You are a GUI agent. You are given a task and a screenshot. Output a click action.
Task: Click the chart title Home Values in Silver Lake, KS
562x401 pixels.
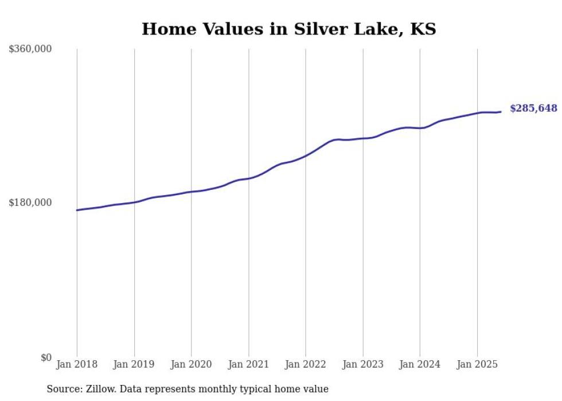coord(288,29)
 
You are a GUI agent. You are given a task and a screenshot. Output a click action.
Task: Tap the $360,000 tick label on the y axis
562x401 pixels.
coord(30,49)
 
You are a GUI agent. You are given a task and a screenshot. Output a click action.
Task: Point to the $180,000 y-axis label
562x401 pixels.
coord(30,203)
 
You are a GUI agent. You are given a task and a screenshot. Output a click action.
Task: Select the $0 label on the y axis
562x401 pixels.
coord(46,357)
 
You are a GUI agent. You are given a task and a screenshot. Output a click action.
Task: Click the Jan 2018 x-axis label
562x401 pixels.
coord(77,364)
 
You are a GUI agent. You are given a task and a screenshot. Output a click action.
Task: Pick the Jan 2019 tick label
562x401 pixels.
coord(134,364)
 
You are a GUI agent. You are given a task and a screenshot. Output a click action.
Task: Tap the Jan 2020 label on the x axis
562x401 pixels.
coord(192,364)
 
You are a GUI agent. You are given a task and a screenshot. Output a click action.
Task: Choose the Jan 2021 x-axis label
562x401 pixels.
coord(248,364)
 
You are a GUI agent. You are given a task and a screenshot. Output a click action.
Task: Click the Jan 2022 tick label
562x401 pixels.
coord(306,364)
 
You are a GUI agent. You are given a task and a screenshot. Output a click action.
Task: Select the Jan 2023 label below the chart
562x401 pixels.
coord(363,364)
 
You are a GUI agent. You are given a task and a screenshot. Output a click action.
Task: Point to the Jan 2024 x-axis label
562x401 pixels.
coord(420,364)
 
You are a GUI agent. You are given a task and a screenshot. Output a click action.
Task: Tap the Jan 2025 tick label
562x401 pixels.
coord(477,364)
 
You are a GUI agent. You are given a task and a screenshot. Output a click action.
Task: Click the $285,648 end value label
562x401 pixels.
coord(533,108)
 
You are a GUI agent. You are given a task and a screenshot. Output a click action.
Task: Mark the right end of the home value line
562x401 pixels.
coord(501,112)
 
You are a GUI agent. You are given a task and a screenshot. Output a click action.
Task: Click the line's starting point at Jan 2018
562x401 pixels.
coord(77,210)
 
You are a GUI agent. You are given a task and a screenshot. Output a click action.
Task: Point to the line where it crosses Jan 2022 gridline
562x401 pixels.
coord(306,155)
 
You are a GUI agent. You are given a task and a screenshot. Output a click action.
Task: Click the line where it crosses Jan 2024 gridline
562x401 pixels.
coord(420,128)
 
